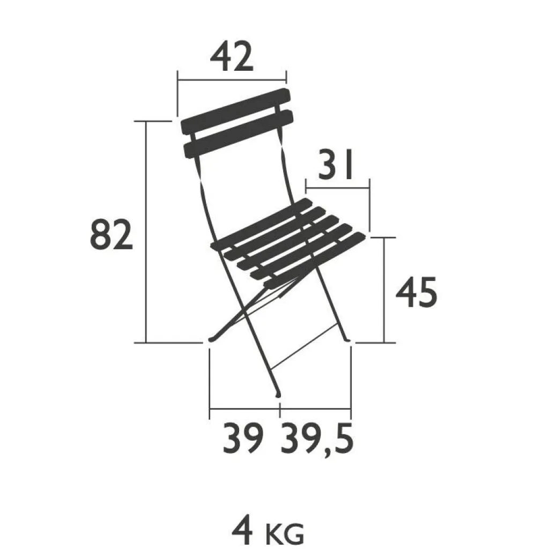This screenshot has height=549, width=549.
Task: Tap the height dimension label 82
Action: [x=112, y=235]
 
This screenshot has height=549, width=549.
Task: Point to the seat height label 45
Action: [x=416, y=292]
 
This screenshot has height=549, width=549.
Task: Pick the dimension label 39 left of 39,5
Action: [x=243, y=439]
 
